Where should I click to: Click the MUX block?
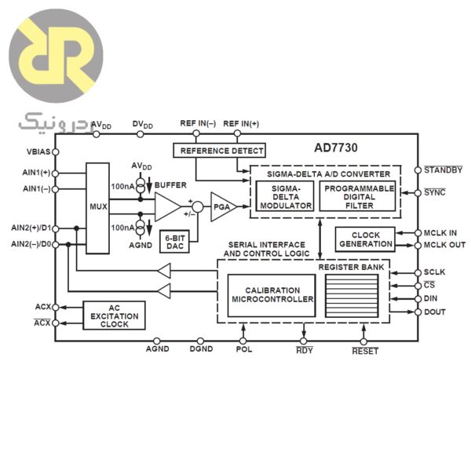click(98, 208)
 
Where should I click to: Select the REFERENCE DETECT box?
click(219, 150)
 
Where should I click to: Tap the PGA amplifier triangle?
click(222, 206)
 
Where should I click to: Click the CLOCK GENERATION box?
click(365, 239)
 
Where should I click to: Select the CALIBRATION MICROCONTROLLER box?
click(272, 294)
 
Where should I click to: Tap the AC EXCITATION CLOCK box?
click(114, 315)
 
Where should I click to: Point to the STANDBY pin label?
click(443, 170)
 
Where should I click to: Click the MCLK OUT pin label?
click(444, 245)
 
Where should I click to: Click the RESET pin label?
click(365, 351)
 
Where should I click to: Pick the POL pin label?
click(244, 349)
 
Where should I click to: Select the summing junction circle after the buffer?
click(198, 206)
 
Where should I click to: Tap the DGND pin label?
click(201, 349)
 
